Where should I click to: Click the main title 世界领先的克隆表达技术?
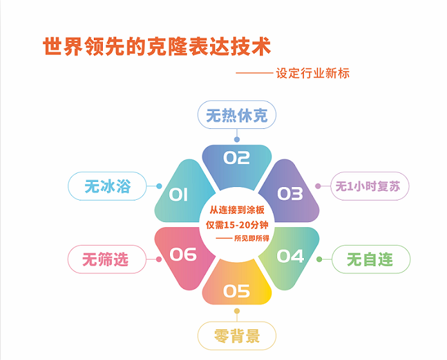tap(156, 47)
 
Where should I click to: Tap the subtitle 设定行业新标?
tap(313, 73)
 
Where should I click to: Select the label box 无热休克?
tap(236, 116)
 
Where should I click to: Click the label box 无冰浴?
tap(108, 186)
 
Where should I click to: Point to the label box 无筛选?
tap(106, 259)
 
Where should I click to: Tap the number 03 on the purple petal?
tap(290, 193)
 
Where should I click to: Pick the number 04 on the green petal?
tap(291, 256)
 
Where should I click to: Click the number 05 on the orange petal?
tap(236, 291)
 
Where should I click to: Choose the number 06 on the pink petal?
tap(183, 255)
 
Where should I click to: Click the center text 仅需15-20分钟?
tap(237, 224)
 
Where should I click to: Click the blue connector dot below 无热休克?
tap(237, 139)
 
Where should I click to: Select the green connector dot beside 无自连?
tap(319, 259)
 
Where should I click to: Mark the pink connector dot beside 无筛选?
tap(158, 259)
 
